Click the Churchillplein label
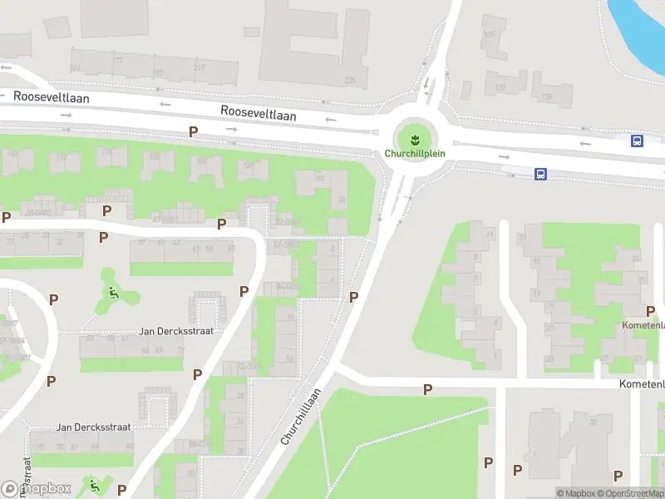click(x=415, y=154)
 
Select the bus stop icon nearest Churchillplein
click(x=540, y=175)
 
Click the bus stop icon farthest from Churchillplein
click(x=638, y=141)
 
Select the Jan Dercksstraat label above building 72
click(x=176, y=331)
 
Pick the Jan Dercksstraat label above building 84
click(x=94, y=427)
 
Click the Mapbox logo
click(x=37, y=489)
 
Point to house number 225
click(x=349, y=81)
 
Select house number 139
click(x=546, y=97)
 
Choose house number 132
click(x=500, y=87)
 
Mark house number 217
click(x=199, y=67)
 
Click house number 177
click(x=117, y=61)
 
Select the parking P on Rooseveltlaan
click(x=194, y=131)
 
